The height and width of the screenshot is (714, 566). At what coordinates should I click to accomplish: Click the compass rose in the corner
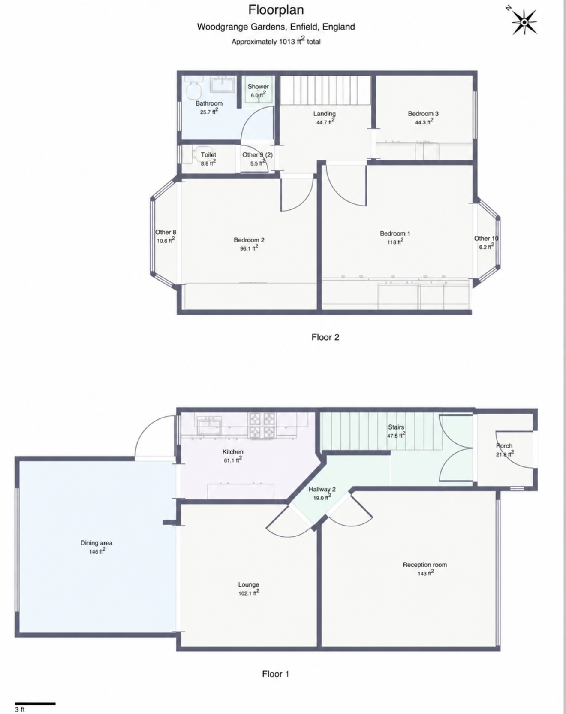click(524, 21)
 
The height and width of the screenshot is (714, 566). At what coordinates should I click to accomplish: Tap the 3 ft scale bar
click(35, 704)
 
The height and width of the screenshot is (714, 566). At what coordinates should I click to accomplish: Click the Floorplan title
click(276, 9)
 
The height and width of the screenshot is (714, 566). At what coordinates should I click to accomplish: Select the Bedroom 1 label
click(395, 233)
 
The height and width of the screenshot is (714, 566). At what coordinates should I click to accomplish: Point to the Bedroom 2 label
click(249, 240)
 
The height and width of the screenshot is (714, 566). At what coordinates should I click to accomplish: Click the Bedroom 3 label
click(423, 114)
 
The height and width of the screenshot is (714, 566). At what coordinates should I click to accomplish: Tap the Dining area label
click(96, 543)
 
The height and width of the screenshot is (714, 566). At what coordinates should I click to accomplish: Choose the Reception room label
click(424, 565)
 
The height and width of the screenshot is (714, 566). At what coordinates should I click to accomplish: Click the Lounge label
click(249, 584)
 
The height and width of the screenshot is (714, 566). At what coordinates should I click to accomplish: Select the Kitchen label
click(233, 452)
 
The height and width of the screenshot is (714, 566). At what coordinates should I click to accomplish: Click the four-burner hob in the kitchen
click(262, 425)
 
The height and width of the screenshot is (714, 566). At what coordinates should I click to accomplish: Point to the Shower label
click(258, 87)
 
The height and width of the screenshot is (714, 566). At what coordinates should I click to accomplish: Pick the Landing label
click(324, 114)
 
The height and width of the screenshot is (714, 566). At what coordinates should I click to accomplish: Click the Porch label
click(504, 446)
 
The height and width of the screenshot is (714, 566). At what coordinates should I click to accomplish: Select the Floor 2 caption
click(325, 337)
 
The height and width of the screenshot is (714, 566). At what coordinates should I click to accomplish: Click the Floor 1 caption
click(276, 674)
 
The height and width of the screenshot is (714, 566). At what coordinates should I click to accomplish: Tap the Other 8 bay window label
click(166, 232)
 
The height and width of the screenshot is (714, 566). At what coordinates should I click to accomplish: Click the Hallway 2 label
click(322, 489)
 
